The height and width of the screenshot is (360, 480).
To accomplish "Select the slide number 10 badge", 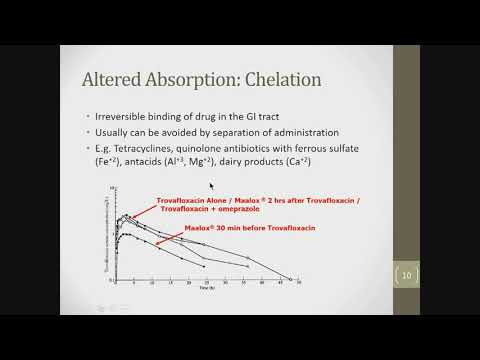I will (407, 275).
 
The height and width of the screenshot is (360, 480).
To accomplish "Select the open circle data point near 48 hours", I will (288, 278).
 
